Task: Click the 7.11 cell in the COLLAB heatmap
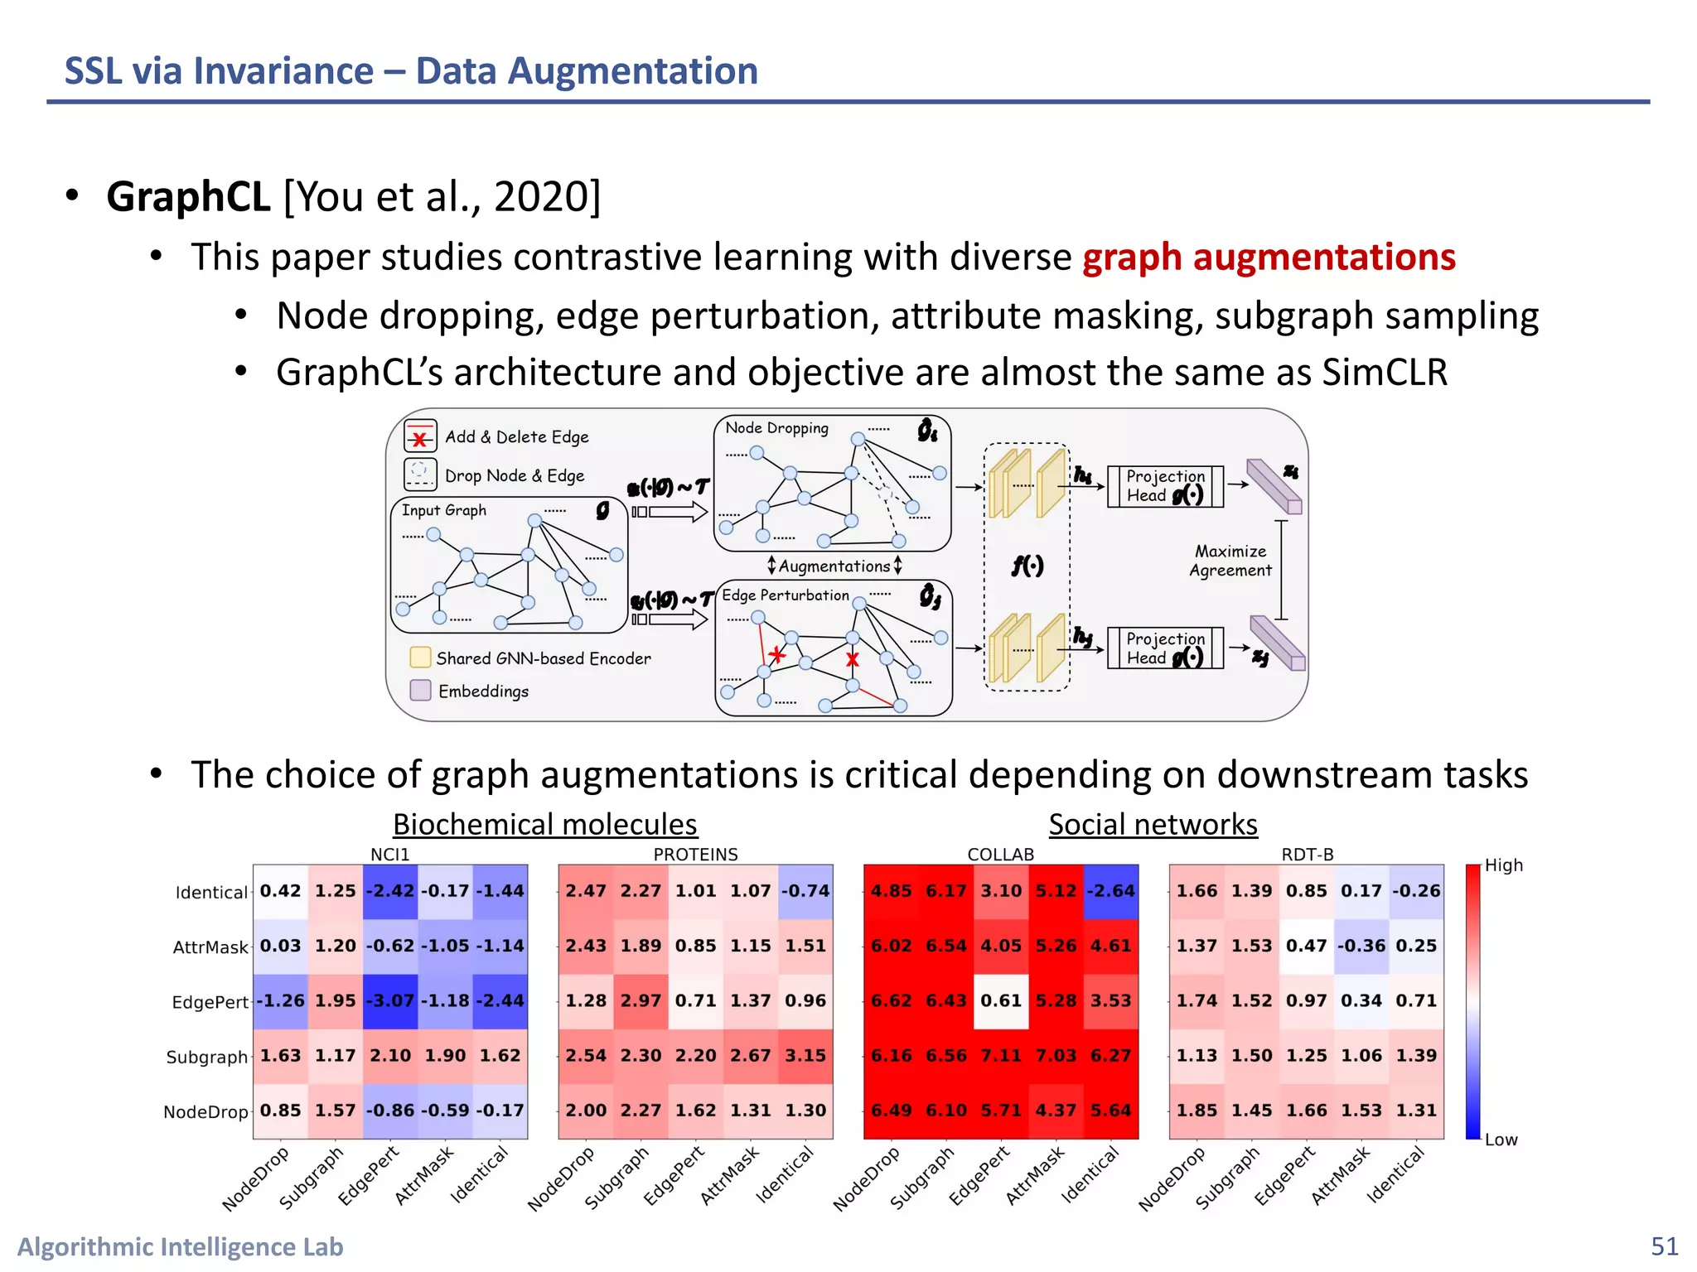pyautogui.click(x=1001, y=1056)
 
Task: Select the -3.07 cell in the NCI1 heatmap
pyautogui.click(x=390, y=1000)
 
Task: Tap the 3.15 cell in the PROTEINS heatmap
pyautogui.click(x=805, y=1056)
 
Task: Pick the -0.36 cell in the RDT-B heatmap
pyautogui.click(x=1361, y=946)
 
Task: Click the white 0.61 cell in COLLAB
pyautogui.click(x=1001, y=1000)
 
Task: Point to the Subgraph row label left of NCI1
pyautogui.click(x=206, y=1058)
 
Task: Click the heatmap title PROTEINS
pyautogui.click(x=695, y=855)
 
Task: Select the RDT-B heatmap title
pyautogui.click(x=1307, y=855)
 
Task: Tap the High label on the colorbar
pyautogui.click(x=1503, y=865)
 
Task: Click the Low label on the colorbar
pyautogui.click(x=1501, y=1140)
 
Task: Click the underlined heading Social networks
pyautogui.click(x=1153, y=825)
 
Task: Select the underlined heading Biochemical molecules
pyautogui.click(x=544, y=825)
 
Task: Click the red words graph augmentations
pyautogui.click(x=1269, y=257)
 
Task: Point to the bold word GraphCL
pyautogui.click(x=188, y=197)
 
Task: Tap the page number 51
pyautogui.click(x=1664, y=1246)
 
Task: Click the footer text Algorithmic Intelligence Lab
pyautogui.click(x=180, y=1246)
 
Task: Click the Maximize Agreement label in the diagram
pyautogui.click(x=1230, y=561)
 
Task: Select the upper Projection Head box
pyautogui.click(x=1164, y=486)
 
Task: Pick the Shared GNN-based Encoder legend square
pyautogui.click(x=420, y=658)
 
